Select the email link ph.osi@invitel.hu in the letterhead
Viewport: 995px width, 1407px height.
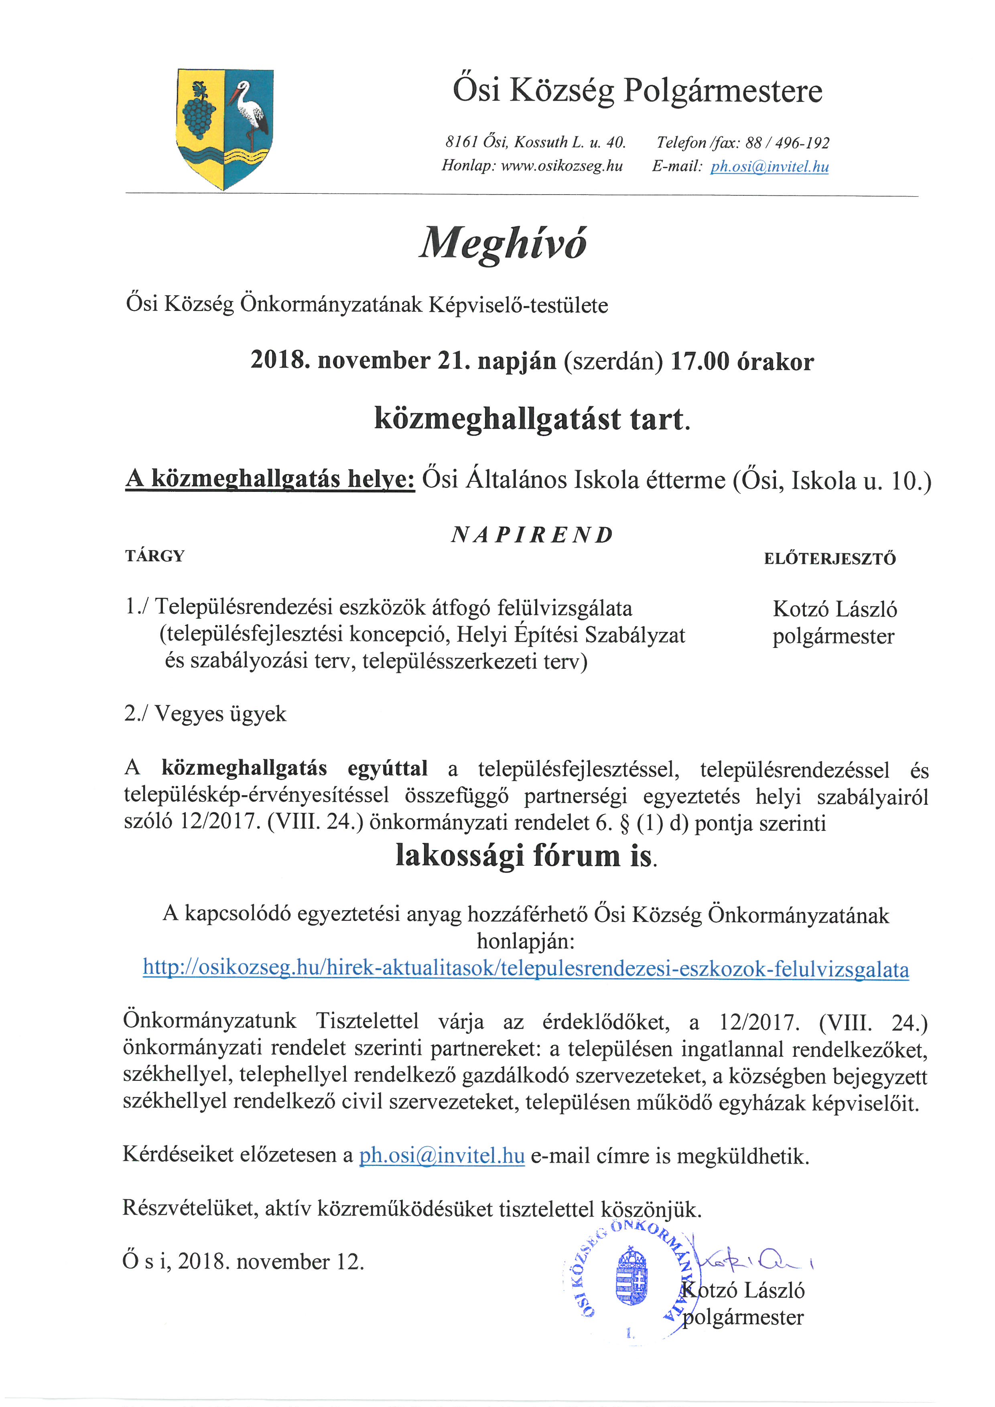tap(769, 166)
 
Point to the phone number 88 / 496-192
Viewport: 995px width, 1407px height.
tap(787, 143)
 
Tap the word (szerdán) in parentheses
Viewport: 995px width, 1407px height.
tap(613, 361)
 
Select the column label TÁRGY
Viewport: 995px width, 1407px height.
tap(154, 556)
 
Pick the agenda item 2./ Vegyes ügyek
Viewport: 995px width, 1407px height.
tap(205, 713)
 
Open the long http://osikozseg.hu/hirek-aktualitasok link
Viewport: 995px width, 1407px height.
tap(526, 969)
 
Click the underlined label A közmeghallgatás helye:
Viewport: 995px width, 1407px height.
tap(270, 479)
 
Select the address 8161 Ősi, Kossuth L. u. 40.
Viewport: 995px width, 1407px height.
tap(535, 143)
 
